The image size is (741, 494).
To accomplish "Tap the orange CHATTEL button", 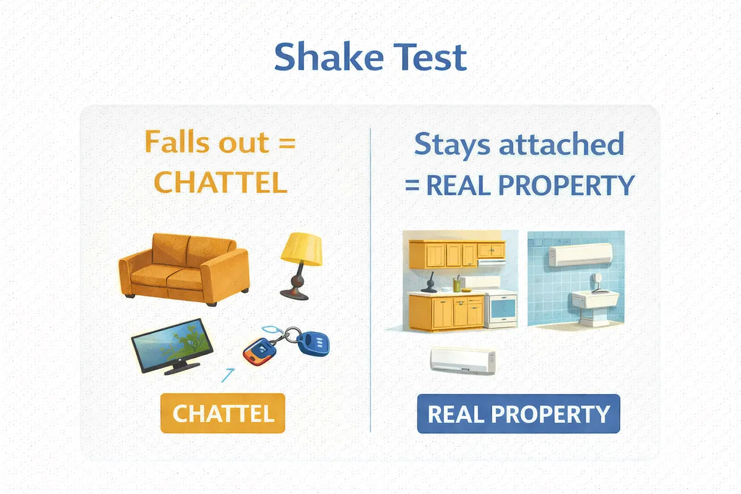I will click(222, 413).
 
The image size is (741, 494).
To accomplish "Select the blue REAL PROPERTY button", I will click(518, 413).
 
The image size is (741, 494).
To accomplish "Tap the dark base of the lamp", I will click(294, 288).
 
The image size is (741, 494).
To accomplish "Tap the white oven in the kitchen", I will click(501, 309).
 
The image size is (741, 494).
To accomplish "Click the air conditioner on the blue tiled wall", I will click(580, 254).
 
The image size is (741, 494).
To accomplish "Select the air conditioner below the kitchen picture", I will click(463, 361).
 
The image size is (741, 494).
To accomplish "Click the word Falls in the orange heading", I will click(175, 143).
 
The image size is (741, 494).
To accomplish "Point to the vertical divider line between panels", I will click(371, 278).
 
